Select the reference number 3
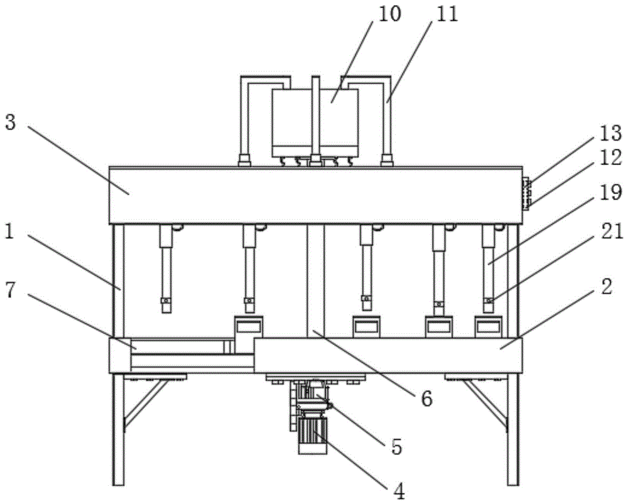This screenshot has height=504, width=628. [x=10, y=122]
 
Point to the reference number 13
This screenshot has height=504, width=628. [x=610, y=133]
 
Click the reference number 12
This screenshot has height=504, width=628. [x=610, y=157]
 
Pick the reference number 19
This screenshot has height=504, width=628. [x=610, y=193]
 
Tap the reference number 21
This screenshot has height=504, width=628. [x=610, y=232]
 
